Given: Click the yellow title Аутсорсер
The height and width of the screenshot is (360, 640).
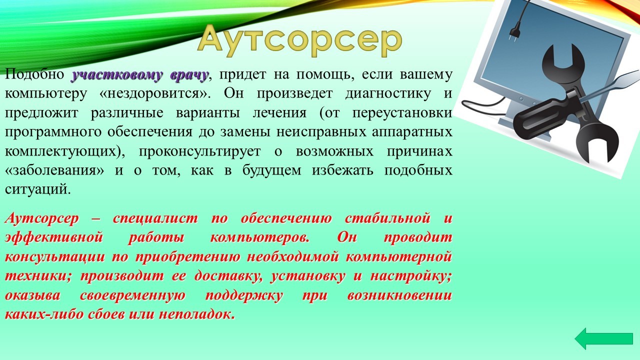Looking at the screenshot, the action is [x=299, y=40].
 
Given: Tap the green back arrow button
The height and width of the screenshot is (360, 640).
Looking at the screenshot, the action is [x=603, y=338].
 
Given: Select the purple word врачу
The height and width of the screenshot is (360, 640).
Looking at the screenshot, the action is [x=189, y=75].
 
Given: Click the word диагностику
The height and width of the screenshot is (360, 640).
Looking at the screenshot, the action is [x=387, y=94].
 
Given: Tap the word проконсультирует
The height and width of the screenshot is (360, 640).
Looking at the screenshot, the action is [x=199, y=151].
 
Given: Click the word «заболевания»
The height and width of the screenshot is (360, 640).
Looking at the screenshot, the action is [x=54, y=170].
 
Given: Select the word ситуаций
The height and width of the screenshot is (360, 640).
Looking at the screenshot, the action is [x=37, y=189].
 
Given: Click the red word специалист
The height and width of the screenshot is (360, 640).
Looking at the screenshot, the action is [x=155, y=219].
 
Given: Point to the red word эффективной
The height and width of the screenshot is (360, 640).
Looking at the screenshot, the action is [x=53, y=238].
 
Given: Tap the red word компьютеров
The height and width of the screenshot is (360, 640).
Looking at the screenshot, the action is [x=259, y=238].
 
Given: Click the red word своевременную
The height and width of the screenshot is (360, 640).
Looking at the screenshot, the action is [x=132, y=295].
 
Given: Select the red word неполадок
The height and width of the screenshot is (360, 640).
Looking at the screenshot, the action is [x=197, y=315].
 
